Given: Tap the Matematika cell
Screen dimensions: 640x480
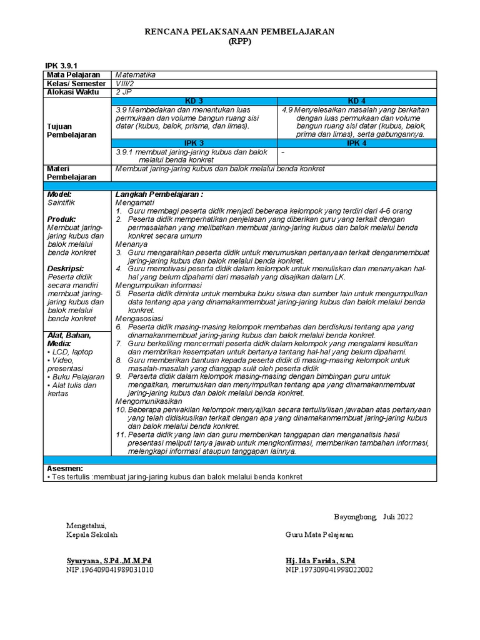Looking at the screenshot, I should [x=136, y=75].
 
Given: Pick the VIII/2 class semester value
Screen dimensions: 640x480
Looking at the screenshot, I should [x=126, y=84].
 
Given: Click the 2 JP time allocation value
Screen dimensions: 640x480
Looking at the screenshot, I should [x=122, y=92].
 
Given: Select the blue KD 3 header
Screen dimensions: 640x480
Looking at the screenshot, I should [x=194, y=101].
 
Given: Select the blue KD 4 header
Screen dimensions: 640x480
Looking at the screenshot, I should [x=356, y=101].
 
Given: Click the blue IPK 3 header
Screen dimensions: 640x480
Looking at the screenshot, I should [x=194, y=143].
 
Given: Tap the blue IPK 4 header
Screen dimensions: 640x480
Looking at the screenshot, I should [x=356, y=143].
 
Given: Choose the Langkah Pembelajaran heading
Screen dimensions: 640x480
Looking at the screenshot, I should [x=159, y=194].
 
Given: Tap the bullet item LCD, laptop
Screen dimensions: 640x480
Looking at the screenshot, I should [x=70, y=352].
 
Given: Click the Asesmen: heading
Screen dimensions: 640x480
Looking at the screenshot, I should [x=65, y=468].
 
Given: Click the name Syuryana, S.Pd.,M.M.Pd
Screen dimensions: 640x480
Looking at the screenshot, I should [x=109, y=561].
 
